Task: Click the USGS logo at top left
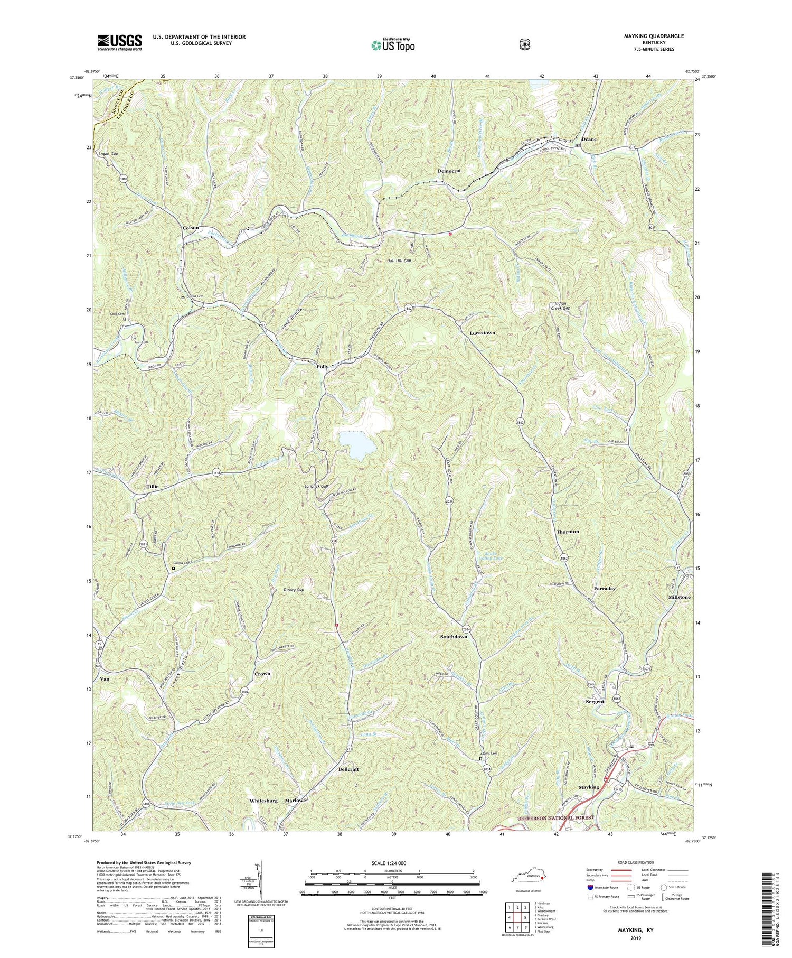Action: coord(119,42)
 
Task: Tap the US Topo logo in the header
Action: coord(393,45)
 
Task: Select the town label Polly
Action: coord(322,367)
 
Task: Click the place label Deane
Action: coord(589,139)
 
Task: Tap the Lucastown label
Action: coord(482,333)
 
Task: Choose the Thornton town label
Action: coord(568,532)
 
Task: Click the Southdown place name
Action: coord(454,637)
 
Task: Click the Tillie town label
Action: coord(153,486)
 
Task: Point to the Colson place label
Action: coord(191,228)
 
